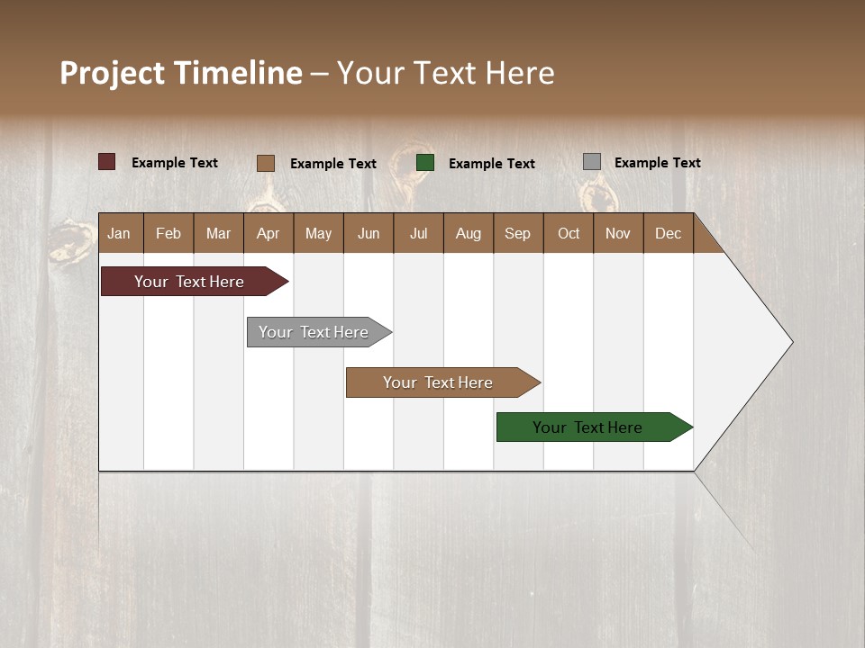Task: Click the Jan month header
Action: click(x=119, y=233)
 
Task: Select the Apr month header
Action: click(x=268, y=233)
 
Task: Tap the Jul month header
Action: click(x=418, y=233)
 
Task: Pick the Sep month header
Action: click(x=517, y=233)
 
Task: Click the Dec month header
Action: click(x=668, y=233)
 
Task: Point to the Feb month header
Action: click(x=168, y=233)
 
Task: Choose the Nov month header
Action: click(x=617, y=233)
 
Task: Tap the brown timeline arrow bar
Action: click(x=439, y=382)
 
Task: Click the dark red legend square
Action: click(x=107, y=162)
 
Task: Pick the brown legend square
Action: click(x=266, y=163)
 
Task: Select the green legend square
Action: click(x=425, y=162)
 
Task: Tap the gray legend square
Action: click(x=592, y=162)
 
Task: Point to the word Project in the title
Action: click(x=113, y=73)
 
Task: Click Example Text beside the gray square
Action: click(x=657, y=163)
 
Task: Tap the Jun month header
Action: click(x=369, y=233)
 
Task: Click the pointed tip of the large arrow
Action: click(x=790, y=342)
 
